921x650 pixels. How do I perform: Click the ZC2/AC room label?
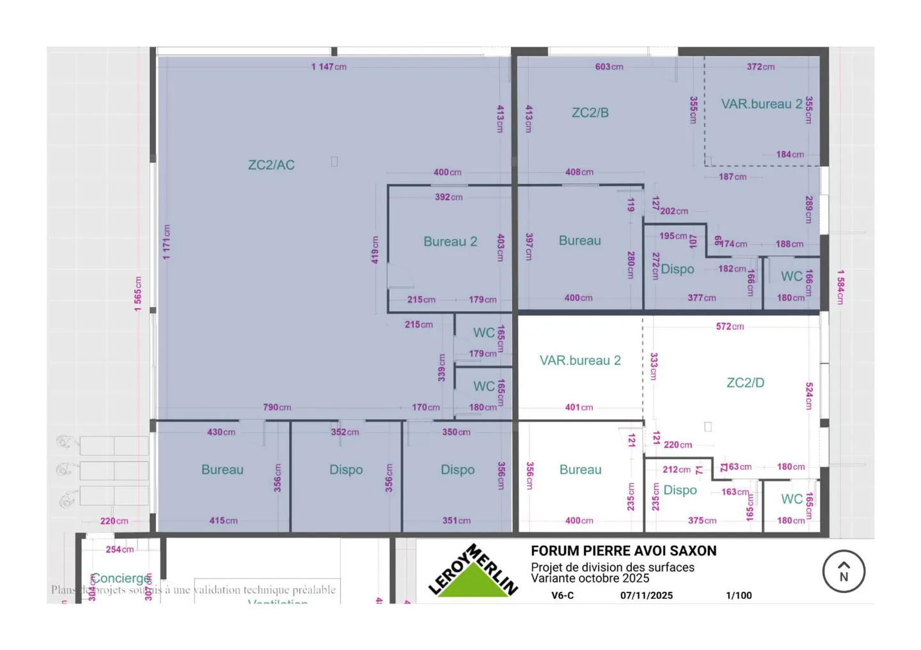(x=271, y=165)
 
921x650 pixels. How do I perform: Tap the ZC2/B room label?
(x=590, y=113)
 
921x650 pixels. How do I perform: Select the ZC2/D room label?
(x=745, y=383)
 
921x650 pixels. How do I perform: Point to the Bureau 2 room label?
(x=450, y=242)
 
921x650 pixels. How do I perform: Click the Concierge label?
(x=120, y=578)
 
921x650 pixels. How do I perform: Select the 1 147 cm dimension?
(x=329, y=66)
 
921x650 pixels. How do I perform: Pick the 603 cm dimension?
(x=609, y=66)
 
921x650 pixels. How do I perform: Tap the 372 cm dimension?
(x=760, y=66)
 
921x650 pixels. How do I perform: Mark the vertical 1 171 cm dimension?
(x=167, y=242)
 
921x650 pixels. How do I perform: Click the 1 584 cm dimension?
(x=840, y=286)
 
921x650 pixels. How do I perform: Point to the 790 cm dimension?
(x=277, y=407)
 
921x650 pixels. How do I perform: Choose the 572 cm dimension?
(x=730, y=327)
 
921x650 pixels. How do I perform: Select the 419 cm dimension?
(x=375, y=250)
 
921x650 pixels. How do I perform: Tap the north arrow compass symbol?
(x=844, y=571)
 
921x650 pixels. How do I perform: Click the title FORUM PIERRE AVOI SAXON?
(x=624, y=551)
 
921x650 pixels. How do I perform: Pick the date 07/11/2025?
(x=646, y=596)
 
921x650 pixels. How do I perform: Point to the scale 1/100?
(x=739, y=596)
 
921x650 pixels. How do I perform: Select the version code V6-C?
(x=562, y=596)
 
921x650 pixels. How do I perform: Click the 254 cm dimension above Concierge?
(x=120, y=550)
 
